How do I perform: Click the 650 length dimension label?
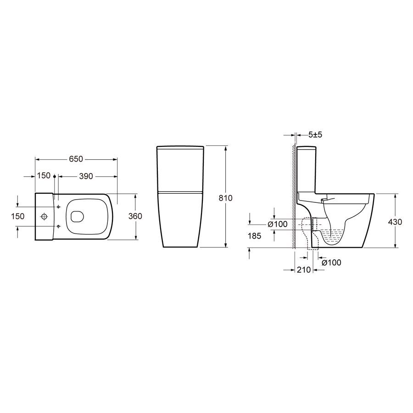pos(76,159)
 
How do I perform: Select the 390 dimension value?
pos(86,176)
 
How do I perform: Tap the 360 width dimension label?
pos(135,216)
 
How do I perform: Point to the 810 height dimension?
pos(226,198)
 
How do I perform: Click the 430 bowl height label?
pos(395,222)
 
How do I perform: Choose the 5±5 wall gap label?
pos(315,135)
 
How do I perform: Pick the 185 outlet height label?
pos(254,236)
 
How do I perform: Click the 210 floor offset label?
pos(304,270)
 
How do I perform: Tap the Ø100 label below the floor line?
pos(331,262)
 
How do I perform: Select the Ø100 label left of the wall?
pos(278,224)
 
